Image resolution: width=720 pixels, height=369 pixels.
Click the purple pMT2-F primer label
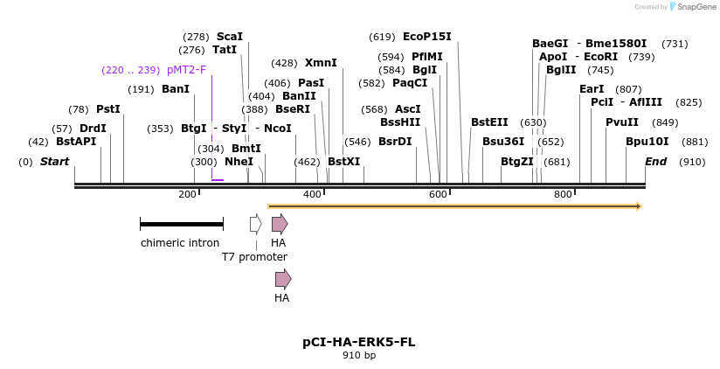186,70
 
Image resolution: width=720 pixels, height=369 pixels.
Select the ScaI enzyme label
229,37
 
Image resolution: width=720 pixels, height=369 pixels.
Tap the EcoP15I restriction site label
426,37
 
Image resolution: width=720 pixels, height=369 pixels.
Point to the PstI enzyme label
107,109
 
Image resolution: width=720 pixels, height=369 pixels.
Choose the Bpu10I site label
647,142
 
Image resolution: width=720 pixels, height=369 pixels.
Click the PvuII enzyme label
621,122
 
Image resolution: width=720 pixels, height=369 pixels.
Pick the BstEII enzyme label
489,122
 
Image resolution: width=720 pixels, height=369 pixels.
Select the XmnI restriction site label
320,63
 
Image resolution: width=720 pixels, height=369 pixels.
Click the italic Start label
54,162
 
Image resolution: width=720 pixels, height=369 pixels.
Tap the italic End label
655,162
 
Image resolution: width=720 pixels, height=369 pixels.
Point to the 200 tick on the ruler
187,194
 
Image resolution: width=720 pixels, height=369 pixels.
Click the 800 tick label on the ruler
563,194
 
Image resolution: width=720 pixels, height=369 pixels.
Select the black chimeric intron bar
181,225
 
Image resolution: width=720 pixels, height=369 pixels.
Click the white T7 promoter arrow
255,225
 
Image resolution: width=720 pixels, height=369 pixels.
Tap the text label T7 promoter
254,257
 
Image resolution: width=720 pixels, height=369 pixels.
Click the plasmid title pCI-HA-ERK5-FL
359,342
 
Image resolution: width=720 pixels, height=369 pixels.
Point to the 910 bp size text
359,356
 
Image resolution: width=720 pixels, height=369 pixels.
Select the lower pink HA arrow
282,279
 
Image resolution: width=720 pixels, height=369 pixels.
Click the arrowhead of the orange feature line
639,206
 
